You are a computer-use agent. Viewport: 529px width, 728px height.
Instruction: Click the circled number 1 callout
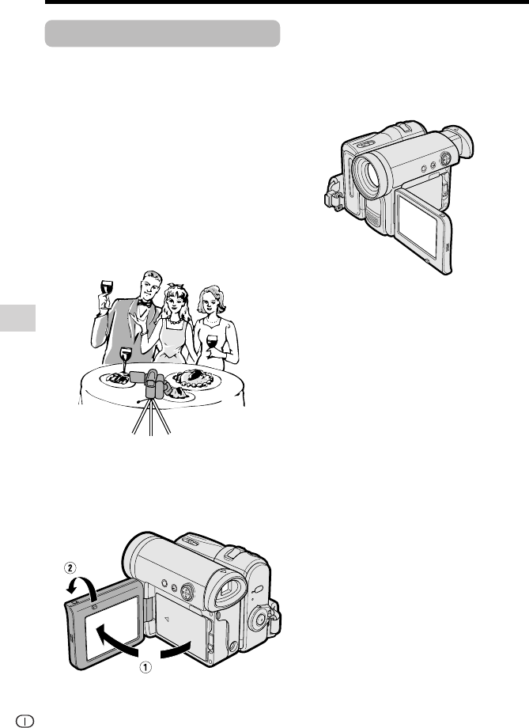[145, 667]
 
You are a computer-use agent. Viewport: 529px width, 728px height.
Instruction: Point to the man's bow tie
[144, 303]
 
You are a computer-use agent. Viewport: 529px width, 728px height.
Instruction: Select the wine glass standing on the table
[126, 361]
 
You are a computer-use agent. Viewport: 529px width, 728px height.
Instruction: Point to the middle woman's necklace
[175, 320]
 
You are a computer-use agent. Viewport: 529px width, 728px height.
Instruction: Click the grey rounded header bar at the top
[162, 33]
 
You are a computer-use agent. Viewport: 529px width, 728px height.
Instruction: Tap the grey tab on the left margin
[17, 318]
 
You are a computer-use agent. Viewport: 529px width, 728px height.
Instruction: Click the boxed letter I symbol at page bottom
[25, 721]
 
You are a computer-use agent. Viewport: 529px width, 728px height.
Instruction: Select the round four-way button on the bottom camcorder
[187, 592]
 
